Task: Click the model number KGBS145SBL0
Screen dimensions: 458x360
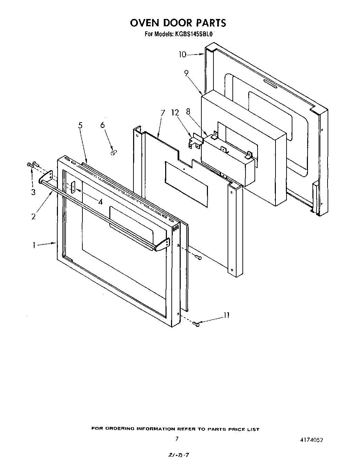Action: pos(195,34)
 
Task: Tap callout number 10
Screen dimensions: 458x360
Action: pos(182,54)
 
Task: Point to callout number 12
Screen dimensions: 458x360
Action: pos(175,113)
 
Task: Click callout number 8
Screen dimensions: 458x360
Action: pos(188,112)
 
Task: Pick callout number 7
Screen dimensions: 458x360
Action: pos(163,113)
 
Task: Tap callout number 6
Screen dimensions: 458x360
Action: pos(102,125)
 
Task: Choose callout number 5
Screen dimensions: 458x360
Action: pos(80,125)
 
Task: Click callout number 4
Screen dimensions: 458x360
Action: pos(100,202)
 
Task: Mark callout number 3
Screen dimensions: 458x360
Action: pos(33,192)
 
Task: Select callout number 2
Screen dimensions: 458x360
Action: pos(33,216)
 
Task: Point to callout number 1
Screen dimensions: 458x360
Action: pos(34,245)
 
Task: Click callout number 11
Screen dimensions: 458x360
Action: pos(226,315)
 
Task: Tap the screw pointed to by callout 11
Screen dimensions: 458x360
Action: pos(196,323)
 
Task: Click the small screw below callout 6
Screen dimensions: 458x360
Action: pos(112,152)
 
